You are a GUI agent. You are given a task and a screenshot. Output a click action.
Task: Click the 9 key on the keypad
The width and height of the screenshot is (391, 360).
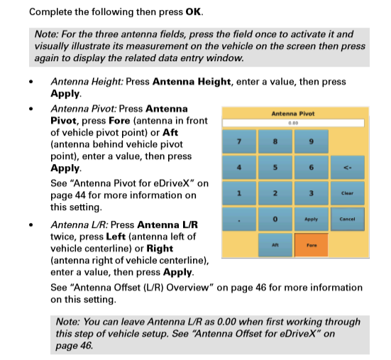pos(311,141)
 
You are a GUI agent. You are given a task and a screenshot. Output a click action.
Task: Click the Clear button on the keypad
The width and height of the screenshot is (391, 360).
pos(347,192)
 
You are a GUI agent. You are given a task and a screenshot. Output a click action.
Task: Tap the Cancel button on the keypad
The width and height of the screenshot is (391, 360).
pos(347,219)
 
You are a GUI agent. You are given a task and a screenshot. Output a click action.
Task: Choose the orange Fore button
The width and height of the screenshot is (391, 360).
pos(311,245)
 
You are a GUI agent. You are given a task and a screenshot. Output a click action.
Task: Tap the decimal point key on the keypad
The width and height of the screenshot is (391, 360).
pos(240,219)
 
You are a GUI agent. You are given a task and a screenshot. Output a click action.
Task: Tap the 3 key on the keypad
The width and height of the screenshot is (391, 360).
pos(311,192)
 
